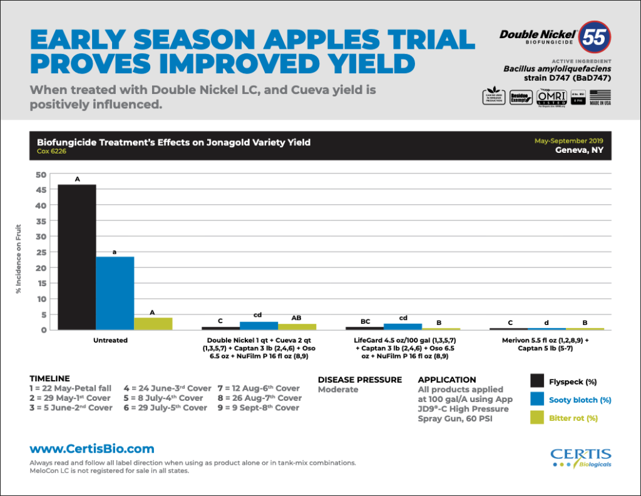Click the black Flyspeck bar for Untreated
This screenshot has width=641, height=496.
coord(77,257)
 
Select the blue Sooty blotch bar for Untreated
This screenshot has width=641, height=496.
coord(115,293)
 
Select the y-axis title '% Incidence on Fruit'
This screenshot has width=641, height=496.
coord(19,259)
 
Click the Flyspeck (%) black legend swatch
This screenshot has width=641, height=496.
coord(537,381)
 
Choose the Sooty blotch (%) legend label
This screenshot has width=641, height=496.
coord(580,400)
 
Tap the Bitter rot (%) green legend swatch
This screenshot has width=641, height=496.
coord(537,418)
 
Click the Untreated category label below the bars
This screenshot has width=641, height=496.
coord(110,341)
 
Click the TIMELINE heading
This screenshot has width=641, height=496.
coord(49,379)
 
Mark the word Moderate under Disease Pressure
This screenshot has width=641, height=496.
coord(338,390)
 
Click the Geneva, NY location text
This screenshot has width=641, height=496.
coord(579,150)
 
